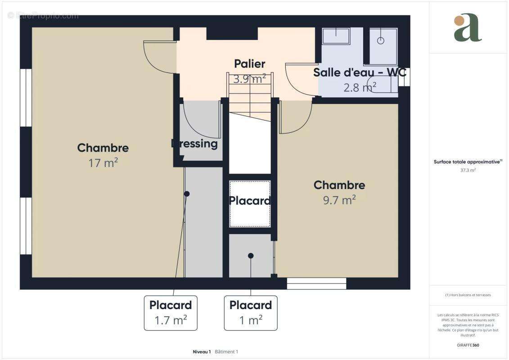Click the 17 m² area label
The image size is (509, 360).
tap(103, 163)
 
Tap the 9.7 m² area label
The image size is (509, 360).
tap(339, 200)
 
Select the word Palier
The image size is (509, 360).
tap(249, 64)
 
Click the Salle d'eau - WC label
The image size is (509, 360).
tap(360, 72)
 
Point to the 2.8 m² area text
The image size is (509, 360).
tap(360, 87)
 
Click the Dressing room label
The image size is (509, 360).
tap(195, 144)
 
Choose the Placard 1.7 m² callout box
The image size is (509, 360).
tap(171, 313)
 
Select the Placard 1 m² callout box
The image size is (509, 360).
tap(251, 313)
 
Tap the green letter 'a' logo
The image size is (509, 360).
tap(468, 28)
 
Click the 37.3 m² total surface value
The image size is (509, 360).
tap(468, 171)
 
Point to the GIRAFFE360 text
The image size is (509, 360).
tap(468, 345)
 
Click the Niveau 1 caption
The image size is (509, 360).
tap(201, 351)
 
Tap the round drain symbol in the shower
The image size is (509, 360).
tap(381, 40)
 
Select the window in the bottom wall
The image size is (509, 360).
tap(316, 283)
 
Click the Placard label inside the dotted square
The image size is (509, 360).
tap(250, 201)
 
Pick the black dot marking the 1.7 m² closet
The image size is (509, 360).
tap(187, 193)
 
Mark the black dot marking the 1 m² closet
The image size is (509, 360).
tap(251, 256)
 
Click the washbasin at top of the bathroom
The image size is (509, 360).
tap(336, 36)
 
